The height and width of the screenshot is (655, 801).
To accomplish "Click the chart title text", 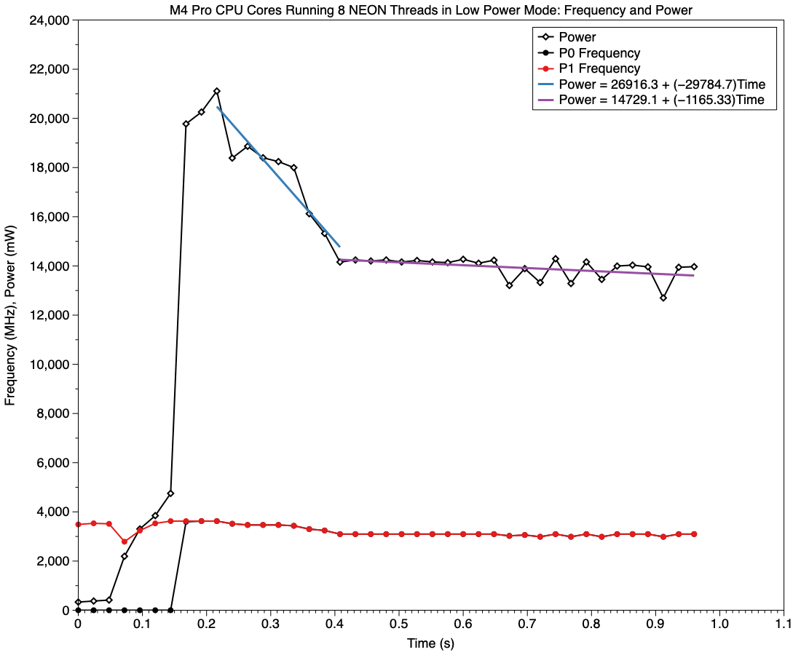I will point(430,9).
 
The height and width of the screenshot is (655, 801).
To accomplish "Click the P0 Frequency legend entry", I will point(599,53).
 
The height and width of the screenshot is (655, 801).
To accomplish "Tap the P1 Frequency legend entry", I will point(599,68).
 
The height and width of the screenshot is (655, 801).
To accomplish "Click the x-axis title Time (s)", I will point(430,643).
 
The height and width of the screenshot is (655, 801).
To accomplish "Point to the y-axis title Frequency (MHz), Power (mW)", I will point(12,315).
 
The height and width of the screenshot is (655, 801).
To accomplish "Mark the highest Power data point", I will point(217,91).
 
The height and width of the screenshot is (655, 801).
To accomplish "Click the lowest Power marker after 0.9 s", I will point(663,298).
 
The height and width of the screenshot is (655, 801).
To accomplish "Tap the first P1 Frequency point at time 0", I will point(78,524).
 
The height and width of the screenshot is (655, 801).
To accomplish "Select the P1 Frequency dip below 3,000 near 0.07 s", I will point(125,541).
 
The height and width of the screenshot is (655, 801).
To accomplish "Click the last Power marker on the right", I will point(694,266).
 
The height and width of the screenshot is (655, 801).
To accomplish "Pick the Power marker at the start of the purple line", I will point(340,261).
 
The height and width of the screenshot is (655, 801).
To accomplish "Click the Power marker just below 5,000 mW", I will point(170,493).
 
